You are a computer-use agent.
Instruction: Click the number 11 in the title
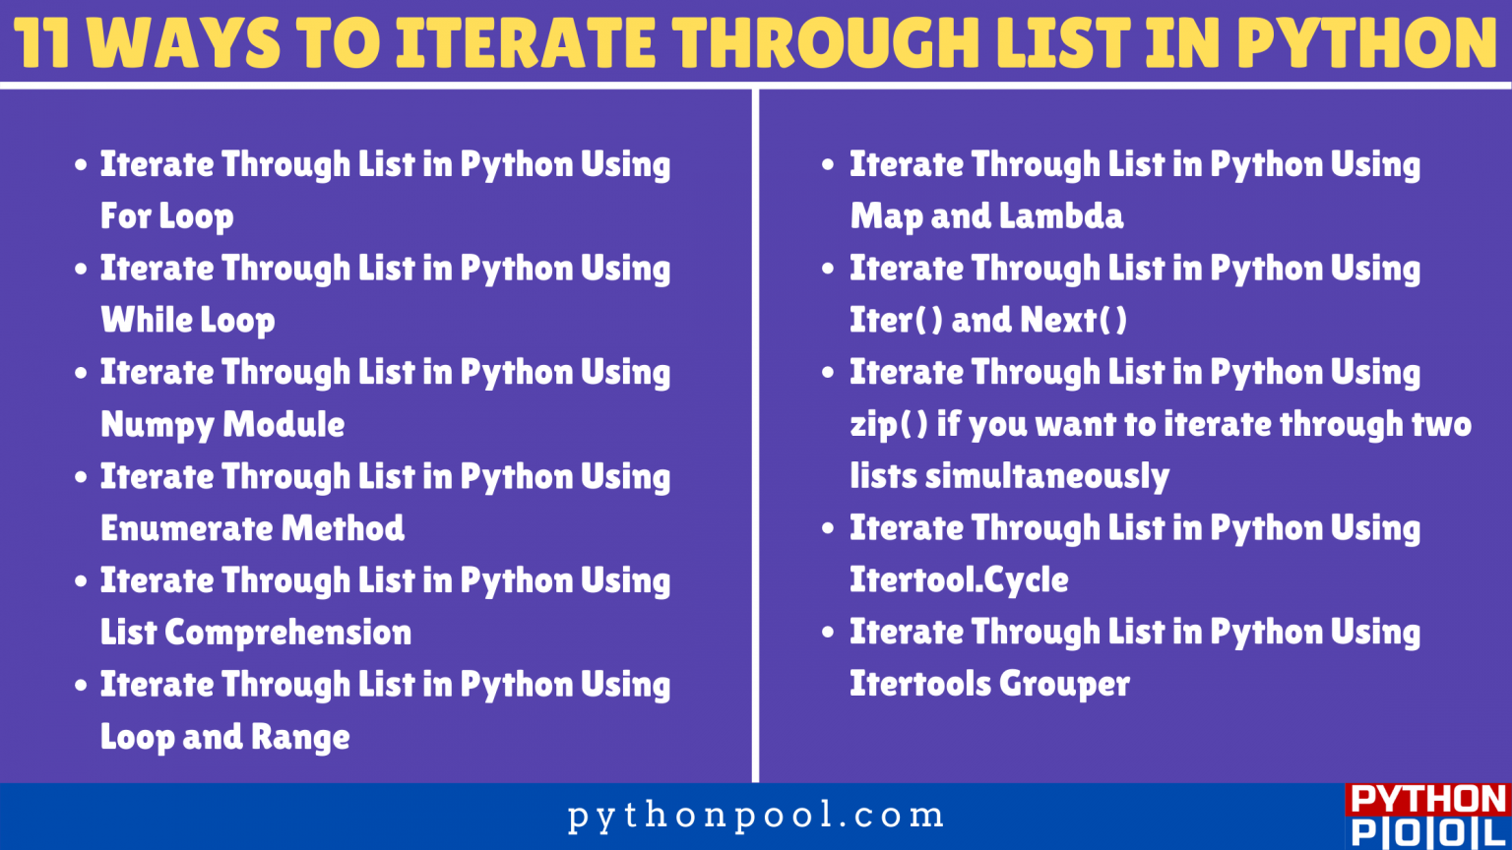point(41,42)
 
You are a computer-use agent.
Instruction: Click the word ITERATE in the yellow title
point(525,42)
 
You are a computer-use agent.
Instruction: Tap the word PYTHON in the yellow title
point(1366,42)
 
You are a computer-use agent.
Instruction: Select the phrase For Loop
point(166,216)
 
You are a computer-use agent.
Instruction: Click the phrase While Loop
point(188,320)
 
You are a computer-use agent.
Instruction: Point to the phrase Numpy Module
point(222,425)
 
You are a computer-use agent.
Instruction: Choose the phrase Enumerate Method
point(252,528)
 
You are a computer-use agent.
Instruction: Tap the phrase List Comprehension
point(256,633)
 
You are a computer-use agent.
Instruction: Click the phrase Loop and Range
point(224,737)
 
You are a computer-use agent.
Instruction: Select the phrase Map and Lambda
point(986,216)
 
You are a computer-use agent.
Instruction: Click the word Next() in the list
point(1073,320)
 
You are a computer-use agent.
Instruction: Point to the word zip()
point(888,425)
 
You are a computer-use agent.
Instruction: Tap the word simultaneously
point(1047,476)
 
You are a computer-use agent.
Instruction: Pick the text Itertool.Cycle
point(959,580)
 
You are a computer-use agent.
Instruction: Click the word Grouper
point(1064,684)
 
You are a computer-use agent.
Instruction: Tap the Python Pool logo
point(1428,817)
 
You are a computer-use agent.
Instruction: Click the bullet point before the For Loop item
point(81,164)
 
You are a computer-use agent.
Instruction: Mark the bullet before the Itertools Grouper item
point(829,633)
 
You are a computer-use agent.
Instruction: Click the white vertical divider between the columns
point(755,436)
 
